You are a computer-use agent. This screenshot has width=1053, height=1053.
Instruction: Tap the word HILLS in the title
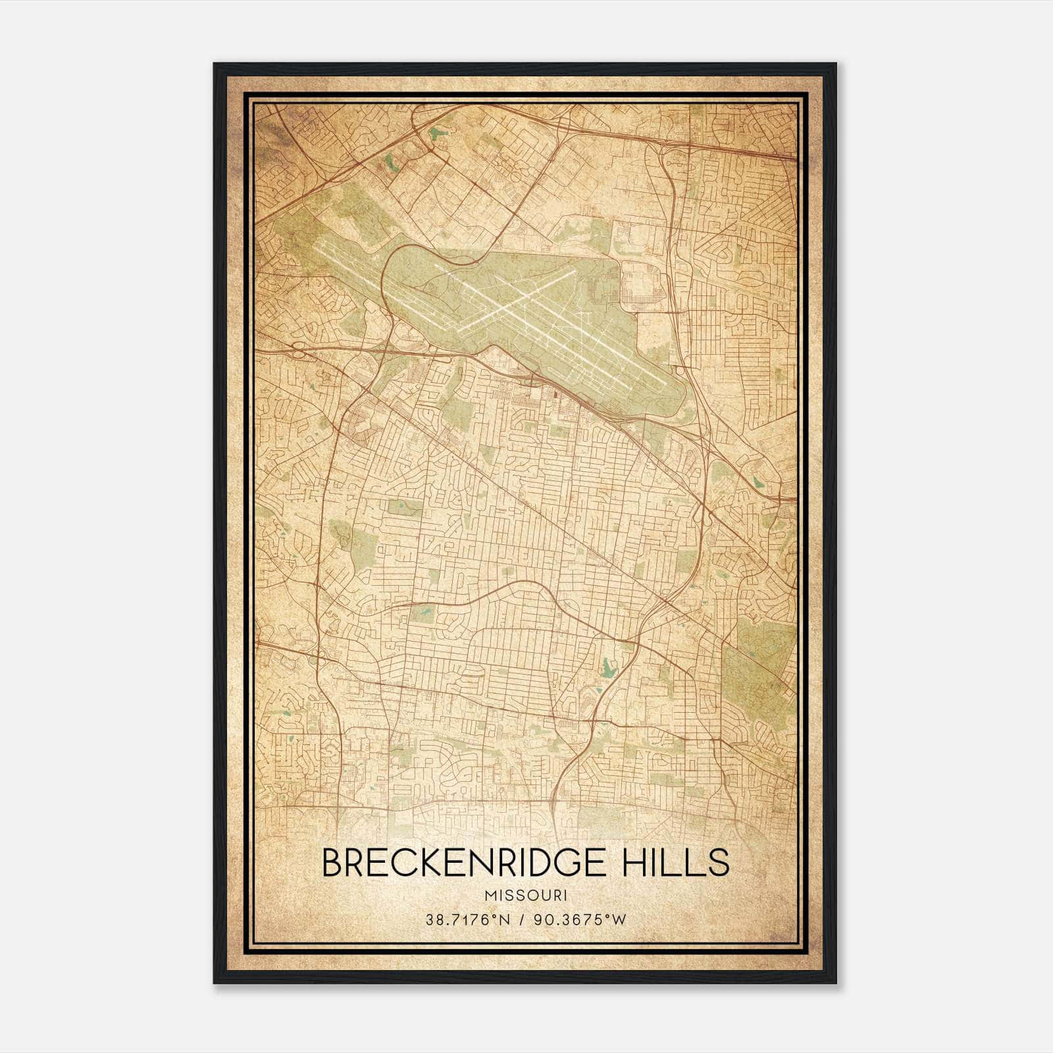point(675,863)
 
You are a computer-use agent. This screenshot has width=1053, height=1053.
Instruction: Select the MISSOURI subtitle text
point(525,896)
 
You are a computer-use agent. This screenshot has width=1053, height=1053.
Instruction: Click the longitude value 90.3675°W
point(580,920)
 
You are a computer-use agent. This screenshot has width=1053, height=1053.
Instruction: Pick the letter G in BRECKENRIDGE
point(576,863)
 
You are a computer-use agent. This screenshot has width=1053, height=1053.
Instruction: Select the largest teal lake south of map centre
point(607,671)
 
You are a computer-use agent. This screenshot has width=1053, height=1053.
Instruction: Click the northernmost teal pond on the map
point(434,134)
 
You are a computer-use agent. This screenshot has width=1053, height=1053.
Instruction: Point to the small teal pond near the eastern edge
point(759,481)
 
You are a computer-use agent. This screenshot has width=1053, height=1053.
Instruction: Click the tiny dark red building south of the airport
point(555,395)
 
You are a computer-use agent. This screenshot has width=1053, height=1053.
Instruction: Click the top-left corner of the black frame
point(215,64)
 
